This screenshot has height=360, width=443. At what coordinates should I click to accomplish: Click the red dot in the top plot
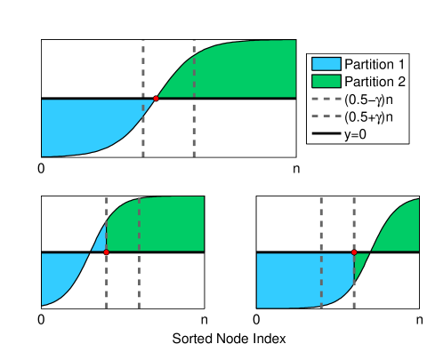(x=156, y=98)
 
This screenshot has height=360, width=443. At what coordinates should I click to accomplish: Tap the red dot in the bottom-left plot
(x=107, y=252)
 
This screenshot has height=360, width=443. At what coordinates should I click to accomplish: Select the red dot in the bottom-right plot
(x=354, y=252)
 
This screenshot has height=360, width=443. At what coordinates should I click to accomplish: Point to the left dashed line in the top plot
(x=143, y=62)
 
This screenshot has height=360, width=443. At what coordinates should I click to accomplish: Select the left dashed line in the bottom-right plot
(x=321, y=222)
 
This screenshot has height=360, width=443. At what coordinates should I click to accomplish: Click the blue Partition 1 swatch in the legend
(x=325, y=65)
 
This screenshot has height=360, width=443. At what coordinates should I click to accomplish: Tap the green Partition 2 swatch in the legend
(x=325, y=82)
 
